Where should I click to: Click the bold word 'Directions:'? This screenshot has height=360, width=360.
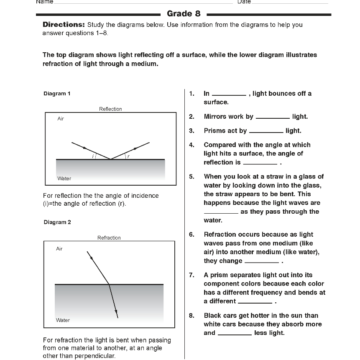pyautogui.click(x=64, y=25)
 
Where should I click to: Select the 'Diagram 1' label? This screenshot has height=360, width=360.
pyautogui.click(x=57, y=94)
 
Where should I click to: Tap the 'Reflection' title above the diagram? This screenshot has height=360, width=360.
pyautogui.click(x=110, y=109)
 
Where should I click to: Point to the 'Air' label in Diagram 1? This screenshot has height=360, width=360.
pyautogui.click(x=61, y=119)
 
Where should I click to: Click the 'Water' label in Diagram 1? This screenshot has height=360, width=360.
pyautogui.click(x=64, y=179)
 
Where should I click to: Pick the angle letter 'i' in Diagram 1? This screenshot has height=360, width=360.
pyautogui.click(x=93, y=156)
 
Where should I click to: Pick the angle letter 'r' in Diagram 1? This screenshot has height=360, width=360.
pyautogui.click(x=128, y=156)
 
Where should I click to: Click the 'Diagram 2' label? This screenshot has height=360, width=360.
pyautogui.click(x=57, y=222)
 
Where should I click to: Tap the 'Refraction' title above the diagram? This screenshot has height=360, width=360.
pyautogui.click(x=109, y=238)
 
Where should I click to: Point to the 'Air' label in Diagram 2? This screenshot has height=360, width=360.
pyautogui.click(x=59, y=249)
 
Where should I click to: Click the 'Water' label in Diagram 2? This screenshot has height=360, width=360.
pyautogui.click(x=63, y=320)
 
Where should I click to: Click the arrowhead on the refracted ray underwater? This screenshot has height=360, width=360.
pyautogui.click(x=117, y=315)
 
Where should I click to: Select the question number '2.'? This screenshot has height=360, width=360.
pyautogui.click(x=191, y=117)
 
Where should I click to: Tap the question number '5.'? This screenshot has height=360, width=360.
pyautogui.click(x=191, y=176)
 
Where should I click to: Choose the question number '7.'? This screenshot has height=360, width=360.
pyautogui.click(x=191, y=275)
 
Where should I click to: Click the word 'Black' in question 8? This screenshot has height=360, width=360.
pyautogui.click(x=213, y=316)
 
